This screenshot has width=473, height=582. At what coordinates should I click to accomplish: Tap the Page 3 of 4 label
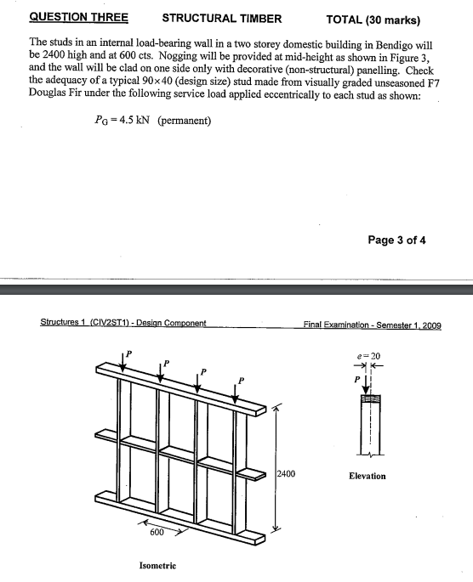pyautogui.click(x=396, y=240)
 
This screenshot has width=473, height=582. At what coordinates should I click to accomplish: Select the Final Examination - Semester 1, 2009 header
pyautogui.click(x=372, y=324)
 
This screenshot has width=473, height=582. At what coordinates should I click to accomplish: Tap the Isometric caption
pyautogui.click(x=158, y=565)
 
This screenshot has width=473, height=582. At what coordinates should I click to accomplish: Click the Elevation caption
pyautogui.click(x=368, y=476)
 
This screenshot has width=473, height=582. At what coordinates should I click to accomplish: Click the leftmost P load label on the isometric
pyautogui.click(x=130, y=352)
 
